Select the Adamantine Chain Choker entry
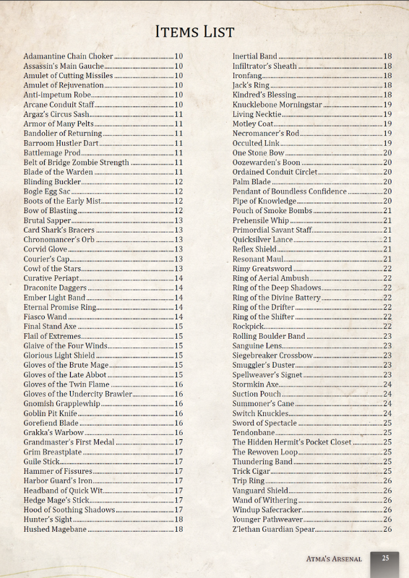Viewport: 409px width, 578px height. pos(68,56)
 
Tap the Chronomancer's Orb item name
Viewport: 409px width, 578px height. pos(59,239)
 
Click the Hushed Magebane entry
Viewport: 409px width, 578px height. pos(55,530)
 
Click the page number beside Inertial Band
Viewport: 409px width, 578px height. pos(387,56)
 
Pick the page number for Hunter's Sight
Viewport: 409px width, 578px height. pos(178,519)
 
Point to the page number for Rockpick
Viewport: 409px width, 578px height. pos(387,327)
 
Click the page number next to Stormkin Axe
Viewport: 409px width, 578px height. pos(387,384)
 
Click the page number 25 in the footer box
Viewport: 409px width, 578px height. pos(386,558)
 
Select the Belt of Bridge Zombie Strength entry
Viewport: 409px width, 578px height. pos(76,163)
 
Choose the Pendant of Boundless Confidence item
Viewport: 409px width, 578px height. pos(289,191)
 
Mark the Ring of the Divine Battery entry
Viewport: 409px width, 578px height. pos(276,298)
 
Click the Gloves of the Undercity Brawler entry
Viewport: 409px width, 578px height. pos(77,394)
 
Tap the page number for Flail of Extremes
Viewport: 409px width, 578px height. pos(178,336)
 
